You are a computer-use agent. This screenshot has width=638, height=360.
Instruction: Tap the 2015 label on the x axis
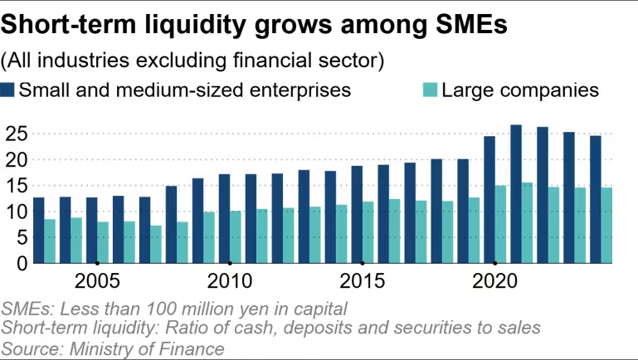pyautogui.click(x=363, y=281)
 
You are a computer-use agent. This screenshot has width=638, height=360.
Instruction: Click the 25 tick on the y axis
pyautogui.click(x=17, y=134)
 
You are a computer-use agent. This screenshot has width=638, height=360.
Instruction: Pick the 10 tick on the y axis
pyautogui.click(x=17, y=212)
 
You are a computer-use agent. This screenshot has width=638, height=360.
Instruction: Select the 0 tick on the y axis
pyautogui.click(x=22, y=263)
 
